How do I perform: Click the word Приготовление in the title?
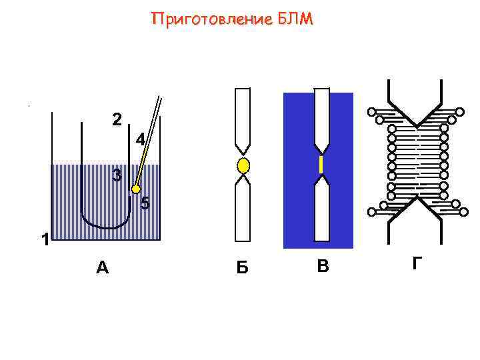tap(210, 20)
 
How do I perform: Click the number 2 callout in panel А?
tap(117, 120)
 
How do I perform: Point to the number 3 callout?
tap(117, 176)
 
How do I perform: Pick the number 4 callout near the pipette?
tap(140, 141)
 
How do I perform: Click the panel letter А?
tap(102, 268)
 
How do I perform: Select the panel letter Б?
tap(243, 268)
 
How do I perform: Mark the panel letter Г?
tap(417, 264)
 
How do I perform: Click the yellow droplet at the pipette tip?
tap(136, 189)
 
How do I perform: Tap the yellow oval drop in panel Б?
tap(243, 165)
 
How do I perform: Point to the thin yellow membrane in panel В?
tap(321, 165)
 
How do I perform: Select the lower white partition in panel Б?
tap(243, 210)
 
